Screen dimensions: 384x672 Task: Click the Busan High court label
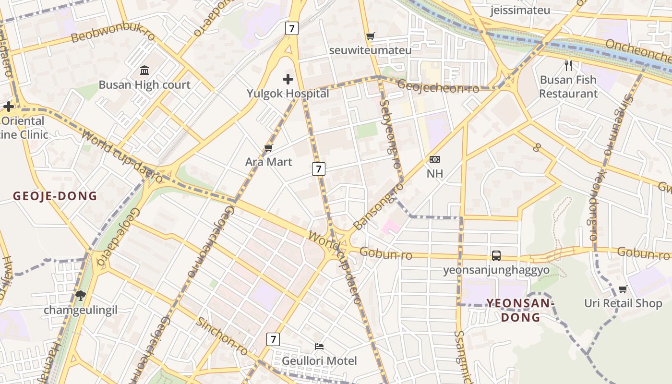point(144,85)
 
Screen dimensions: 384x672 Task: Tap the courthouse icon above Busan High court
point(144,71)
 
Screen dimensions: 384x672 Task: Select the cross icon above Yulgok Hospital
point(288,79)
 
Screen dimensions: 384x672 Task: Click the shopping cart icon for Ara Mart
point(268,148)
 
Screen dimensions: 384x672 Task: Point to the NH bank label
point(435,173)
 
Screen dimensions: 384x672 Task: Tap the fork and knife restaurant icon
point(568,65)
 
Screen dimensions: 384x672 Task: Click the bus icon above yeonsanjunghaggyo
point(496,255)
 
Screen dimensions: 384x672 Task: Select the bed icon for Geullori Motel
point(319,346)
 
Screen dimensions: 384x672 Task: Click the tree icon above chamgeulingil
point(80,295)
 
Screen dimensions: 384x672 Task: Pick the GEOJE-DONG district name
point(55,196)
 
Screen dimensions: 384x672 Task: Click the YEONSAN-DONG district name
point(521,310)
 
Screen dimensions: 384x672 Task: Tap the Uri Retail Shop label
point(623,303)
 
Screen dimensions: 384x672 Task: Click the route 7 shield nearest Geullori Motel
point(273,339)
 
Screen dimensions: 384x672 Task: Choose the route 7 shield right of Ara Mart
point(319,168)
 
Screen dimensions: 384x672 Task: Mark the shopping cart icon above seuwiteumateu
point(370,36)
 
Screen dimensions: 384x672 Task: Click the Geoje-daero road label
point(118,237)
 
